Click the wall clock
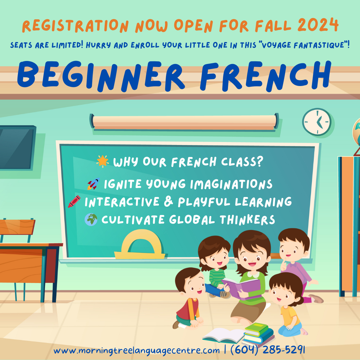pyautogui.click(x=317, y=122)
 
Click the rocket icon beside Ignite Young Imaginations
pyautogui.click(x=93, y=184)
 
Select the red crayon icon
pyautogui.click(x=74, y=201)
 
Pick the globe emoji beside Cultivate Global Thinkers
pyautogui.click(x=91, y=219)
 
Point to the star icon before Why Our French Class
pyautogui.click(x=103, y=161)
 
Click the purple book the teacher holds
pyautogui.click(x=241, y=288)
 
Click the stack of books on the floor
pyautogui.click(x=259, y=334)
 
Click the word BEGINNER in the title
pyautogui.click(x=101, y=76)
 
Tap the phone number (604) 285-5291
pyautogui.click(x=268, y=350)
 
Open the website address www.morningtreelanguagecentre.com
pyautogui.click(x=136, y=351)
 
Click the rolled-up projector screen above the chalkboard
pyautogui.click(x=185, y=122)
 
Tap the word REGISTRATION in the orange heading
pyautogui.click(x=76, y=26)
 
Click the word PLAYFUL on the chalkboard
pyautogui.click(x=204, y=202)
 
